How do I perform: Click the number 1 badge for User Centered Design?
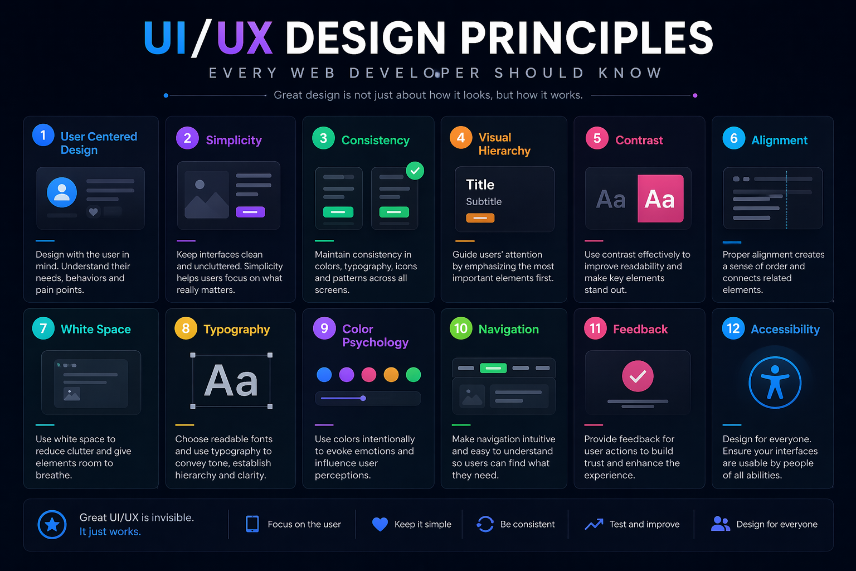pyautogui.click(x=43, y=135)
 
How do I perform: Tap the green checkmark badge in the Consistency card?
pyautogui.click(x=415, y=171)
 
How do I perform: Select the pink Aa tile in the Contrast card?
pyautogui.click(x=660, y=199)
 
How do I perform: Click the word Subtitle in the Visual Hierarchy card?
pyautogui.click(x=484, y=202)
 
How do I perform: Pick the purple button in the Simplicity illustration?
pyautogui.click(x=250, y=212)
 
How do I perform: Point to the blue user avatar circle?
pyautogui.click(x=62, y=192)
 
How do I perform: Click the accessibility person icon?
pyautogui.click(x=775, y=383)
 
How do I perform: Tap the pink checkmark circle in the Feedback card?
pyautogui.click(x=638, y=376)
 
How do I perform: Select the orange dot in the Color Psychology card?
pyautogui.click(x=391, y=375)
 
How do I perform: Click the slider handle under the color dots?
pyautogui.click(x=363, y=398)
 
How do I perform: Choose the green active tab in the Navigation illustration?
pyautogui.click(x=493, y=368)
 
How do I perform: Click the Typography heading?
pyautogui.click(x=236, y=330)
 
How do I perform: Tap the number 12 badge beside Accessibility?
pyautogui.click(x=733, y=328)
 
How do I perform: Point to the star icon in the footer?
pyautogui.click(x=52, y=525)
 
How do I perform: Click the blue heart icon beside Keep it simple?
pyautogui.click(x=380, y=524)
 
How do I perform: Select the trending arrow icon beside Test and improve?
pyautogui.click(x=594, y=524)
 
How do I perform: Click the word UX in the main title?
pyautogui.click(x=245, y=38)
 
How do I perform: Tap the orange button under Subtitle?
pyautogui.click(x=480, y=218)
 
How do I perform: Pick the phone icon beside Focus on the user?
pyautogui.click(x=252, y=524)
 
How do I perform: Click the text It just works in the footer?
pyautogui.click(x=110, y=532)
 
